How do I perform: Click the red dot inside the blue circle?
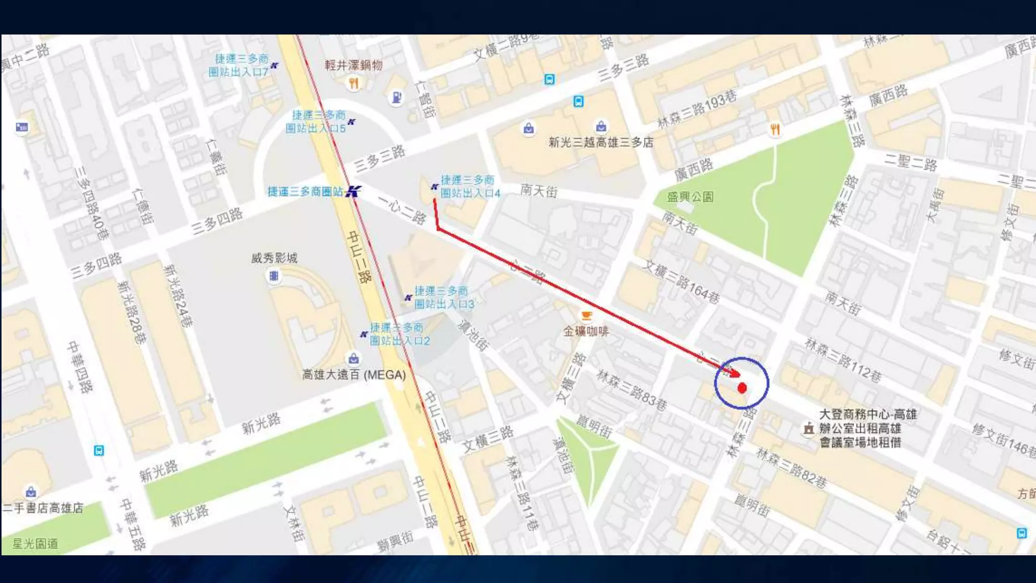[742, 388]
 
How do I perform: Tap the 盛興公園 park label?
[690, 197]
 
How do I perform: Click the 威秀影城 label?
[274, 258]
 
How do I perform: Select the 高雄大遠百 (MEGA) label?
[354, 375]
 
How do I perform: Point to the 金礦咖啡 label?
[586, 331]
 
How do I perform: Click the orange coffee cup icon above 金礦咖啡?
[586, 316]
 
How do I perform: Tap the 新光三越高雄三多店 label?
[600, 143]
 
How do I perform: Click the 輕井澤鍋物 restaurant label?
[353, 65]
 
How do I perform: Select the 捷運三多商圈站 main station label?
[305, 192]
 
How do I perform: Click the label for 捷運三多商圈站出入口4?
[469, 187]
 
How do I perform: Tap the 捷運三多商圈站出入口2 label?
[399, 335]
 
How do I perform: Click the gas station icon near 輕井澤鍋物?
[397, 97]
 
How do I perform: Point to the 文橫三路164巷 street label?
[681, 282]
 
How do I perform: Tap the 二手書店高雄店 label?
[42, 508]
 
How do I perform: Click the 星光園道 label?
[35, 544]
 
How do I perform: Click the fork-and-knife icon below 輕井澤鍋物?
[354, 84]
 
